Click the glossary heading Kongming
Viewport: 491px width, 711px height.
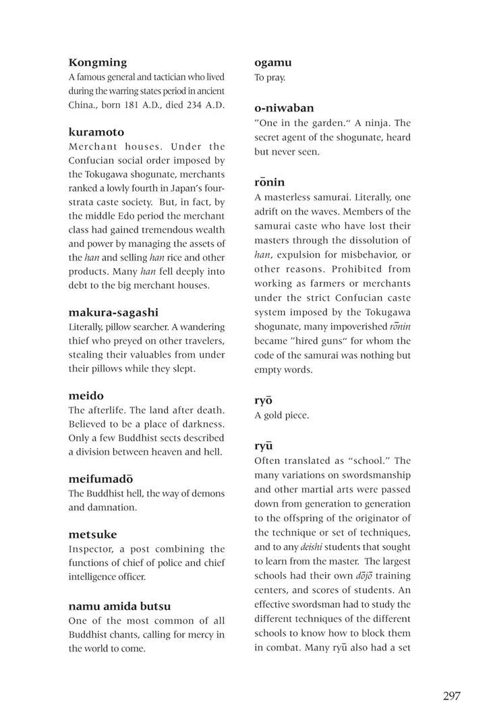[x=97, y=63]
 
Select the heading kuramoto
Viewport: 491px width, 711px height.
[x=96, y=132]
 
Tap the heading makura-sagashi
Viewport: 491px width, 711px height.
[x=113, y=312]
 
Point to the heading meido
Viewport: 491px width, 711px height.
[x=86, y=395]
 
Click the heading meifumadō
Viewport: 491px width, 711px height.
[x=105, y=478]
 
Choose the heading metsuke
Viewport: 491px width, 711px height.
[x=93, y=534]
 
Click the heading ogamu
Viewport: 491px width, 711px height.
[x=272, y=63]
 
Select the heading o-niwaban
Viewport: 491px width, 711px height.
[x=284, y=108]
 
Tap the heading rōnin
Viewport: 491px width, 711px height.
[x=270, y=182]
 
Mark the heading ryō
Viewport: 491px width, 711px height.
[x=263, y=400]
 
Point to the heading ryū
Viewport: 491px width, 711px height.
[x=263, y=446]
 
